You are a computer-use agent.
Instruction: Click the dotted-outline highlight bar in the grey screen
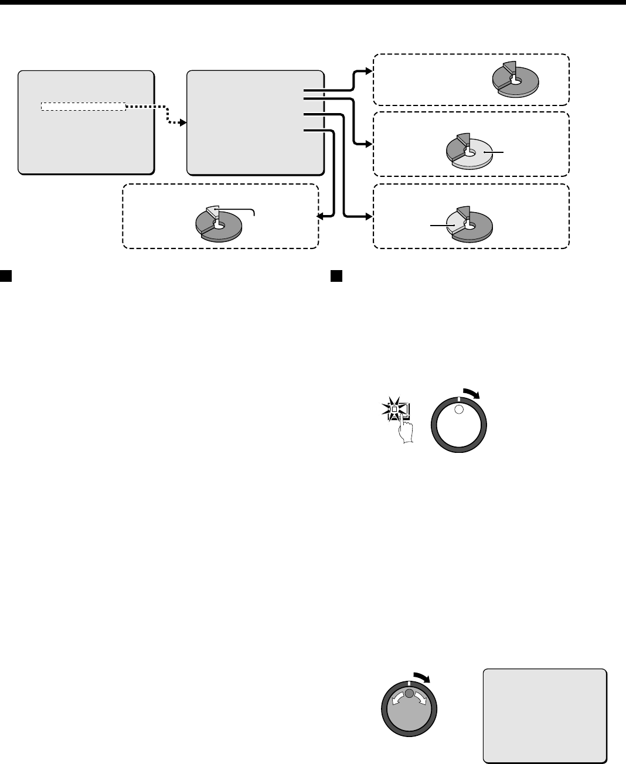point(83,107)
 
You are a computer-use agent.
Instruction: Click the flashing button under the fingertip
point(394,408)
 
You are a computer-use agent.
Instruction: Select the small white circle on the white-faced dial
point(459,410)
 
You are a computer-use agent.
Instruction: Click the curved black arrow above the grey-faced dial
point(422,676)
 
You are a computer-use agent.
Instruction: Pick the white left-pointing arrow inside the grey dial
point(397,697)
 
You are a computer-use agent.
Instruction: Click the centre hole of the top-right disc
point(515,83)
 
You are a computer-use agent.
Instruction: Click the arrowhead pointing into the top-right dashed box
point(368,71)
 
